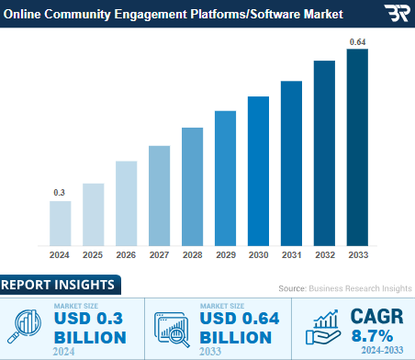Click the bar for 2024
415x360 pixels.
(x=60, y=222)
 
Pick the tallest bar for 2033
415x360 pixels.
(x=357, y=147)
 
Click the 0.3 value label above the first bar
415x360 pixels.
(x=60, y=192)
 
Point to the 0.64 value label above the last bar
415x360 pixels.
(x=357, y=41)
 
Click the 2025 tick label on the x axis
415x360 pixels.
(x=93, y=253)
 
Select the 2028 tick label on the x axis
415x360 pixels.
(x=192, y=253)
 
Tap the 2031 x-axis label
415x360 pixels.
(x=291, y=253)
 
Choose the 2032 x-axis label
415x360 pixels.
(x=324, y=253)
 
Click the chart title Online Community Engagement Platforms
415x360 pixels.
(x=174, y=15)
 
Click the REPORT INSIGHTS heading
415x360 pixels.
(x=58, y=284)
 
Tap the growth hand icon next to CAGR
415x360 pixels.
(x=326, y=327)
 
